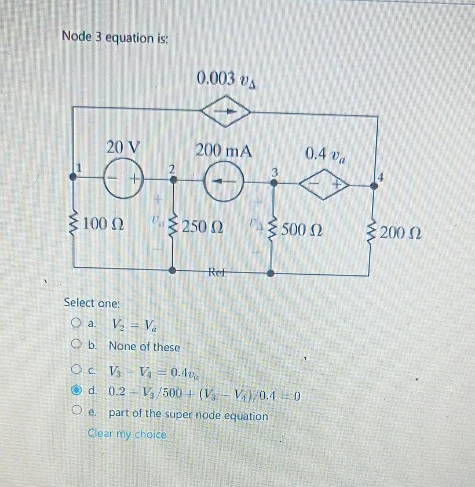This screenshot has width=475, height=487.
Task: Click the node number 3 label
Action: tap(276, 172)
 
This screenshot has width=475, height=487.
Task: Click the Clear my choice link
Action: tap(127, 434)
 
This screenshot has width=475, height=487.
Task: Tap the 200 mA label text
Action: tap(224, 151)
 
